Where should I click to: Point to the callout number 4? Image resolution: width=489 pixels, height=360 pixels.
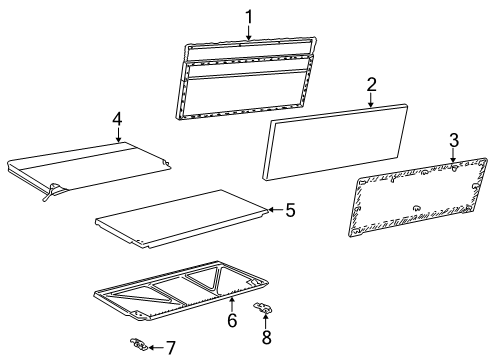click(117, 120)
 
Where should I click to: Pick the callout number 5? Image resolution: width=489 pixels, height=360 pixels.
click(290, 210)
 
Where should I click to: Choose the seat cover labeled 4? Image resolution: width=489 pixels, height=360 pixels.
click(90, 165)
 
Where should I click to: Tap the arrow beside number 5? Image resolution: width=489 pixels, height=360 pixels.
click(277, 210)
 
